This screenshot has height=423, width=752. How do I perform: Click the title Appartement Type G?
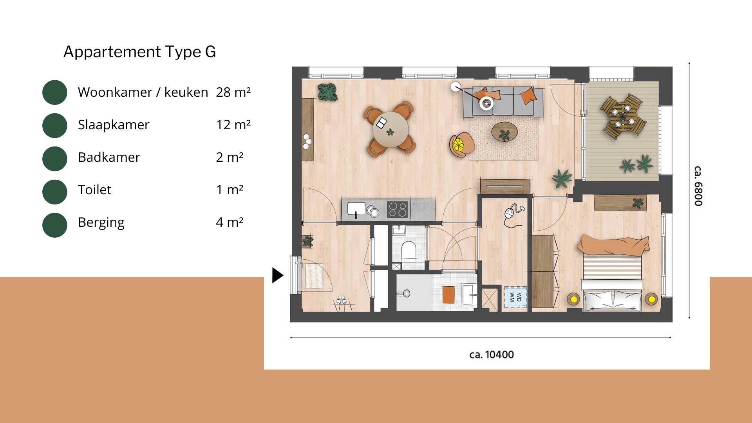point(139,52)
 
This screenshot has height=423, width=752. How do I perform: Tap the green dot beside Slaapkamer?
point(55,125)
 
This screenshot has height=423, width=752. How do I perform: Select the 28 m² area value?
point(233,92)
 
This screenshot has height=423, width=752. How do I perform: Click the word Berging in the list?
point(101,222)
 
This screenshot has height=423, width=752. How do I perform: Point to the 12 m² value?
point(233,125)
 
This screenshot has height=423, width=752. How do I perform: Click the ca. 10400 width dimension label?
point(492,354)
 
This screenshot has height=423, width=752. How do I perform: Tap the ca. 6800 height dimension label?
point(698,186)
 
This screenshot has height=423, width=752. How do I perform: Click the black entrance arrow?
point(277,275)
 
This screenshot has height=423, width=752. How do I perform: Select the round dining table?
point(390,129)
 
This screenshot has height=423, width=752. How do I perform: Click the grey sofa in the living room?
point(503,102)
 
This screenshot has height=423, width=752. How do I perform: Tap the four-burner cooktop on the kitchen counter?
point(398,209)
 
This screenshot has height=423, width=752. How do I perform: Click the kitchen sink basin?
point(356,208)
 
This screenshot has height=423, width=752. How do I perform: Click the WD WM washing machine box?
point(515,297)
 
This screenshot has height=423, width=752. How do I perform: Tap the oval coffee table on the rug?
point(504,132)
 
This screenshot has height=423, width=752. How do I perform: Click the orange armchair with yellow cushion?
point(461,144)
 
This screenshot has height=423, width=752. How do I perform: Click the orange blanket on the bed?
point(613,245)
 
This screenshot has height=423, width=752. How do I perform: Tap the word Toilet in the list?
point(94,190)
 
